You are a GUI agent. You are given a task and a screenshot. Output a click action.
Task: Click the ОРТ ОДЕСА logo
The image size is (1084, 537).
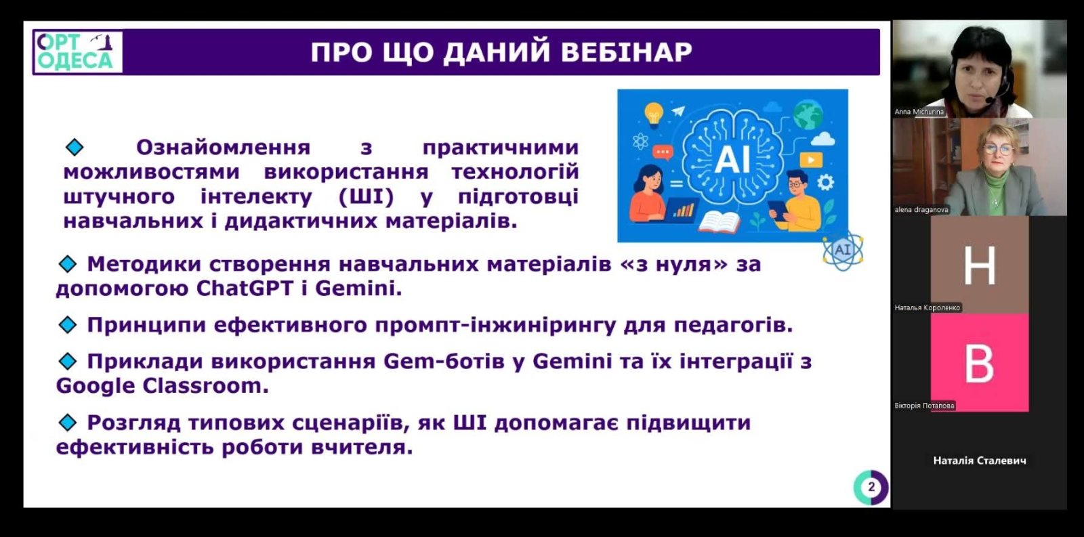tap(77, 52)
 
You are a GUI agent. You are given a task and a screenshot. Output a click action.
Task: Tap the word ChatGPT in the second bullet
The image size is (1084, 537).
tap(245, 289)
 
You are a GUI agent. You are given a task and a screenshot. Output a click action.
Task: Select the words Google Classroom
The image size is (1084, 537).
tap(162, 386)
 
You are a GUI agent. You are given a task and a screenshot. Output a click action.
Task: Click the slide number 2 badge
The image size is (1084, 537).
tap(871, 487)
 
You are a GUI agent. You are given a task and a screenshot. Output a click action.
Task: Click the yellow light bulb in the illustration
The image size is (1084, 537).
tap(653, 114)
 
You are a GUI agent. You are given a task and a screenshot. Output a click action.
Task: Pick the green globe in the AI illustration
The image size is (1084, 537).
tap(808, 114)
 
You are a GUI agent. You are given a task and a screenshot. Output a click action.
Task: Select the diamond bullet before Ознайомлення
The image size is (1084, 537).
tap(75, 147)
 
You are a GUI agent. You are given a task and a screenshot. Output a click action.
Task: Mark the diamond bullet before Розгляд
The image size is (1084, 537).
tap(67, 423)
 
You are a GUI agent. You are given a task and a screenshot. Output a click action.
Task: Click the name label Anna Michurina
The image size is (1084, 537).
tap(919, 112)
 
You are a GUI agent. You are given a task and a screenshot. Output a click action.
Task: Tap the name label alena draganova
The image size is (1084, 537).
tap(921, 209)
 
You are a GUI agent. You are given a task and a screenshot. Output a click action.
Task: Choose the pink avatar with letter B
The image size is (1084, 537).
tap(980, 363)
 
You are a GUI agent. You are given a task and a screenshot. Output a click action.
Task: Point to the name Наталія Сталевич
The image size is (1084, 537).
tap(980, 460)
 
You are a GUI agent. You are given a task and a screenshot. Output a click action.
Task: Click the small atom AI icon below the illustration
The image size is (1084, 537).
tap(843, 250)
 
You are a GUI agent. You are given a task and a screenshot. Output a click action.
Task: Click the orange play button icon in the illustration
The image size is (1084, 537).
tap(811, 160)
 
